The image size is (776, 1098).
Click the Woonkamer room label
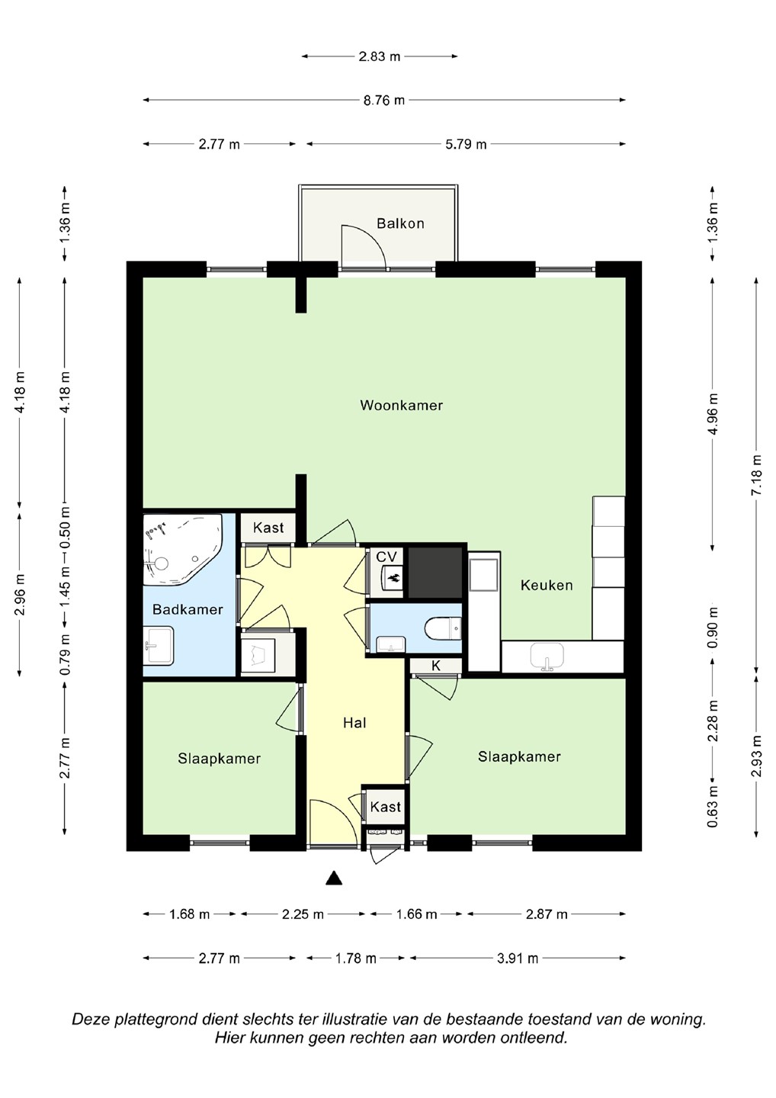pyautogui.click(x=401, y=406)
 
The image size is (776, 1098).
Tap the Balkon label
pyautogui.click(x=400, y=223)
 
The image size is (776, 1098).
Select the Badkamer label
pyautogui.click(x=188, y=609)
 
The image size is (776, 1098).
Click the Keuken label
pyautogui.click(x=547, y=585)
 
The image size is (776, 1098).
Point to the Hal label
pyautogui.click(x=354, y=723)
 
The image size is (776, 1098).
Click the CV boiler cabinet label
pyautogui.click(x=386, y=557)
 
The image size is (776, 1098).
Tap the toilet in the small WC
pyautogui.click(x=444, y=629)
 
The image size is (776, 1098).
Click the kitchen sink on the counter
pyautogui.click(x=547, y=656)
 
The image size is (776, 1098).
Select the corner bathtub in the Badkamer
pyautogui.click(x=182, y=549)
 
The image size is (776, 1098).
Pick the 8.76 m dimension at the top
pyautogui.click(x=384, y=100)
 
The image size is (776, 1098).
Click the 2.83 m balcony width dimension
pyautogui.click(x=380, y=56)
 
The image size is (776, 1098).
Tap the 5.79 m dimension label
pyautogui.click(x=466, y=144)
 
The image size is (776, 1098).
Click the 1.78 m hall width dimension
pyautogui.click(x=356, y=958)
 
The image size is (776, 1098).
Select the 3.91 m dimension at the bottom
pyautogui.click(x=518, y=958)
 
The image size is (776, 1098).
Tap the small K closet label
pyautogui.click(x=435, y=666)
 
